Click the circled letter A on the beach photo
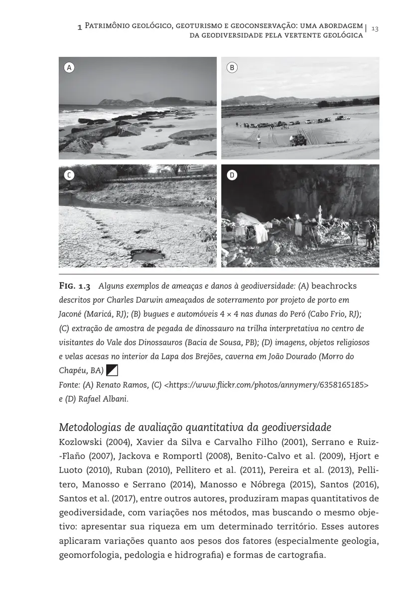tap(69, 67)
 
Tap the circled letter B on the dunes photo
tap(232, 67)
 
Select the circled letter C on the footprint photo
tap(69, 175)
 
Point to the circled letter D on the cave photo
tap(232, 175)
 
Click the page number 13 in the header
tap(375, 28)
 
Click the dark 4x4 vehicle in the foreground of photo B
tap(298, 140)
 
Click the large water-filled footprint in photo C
tap(147, 256)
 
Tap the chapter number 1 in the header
tap(80, 28)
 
